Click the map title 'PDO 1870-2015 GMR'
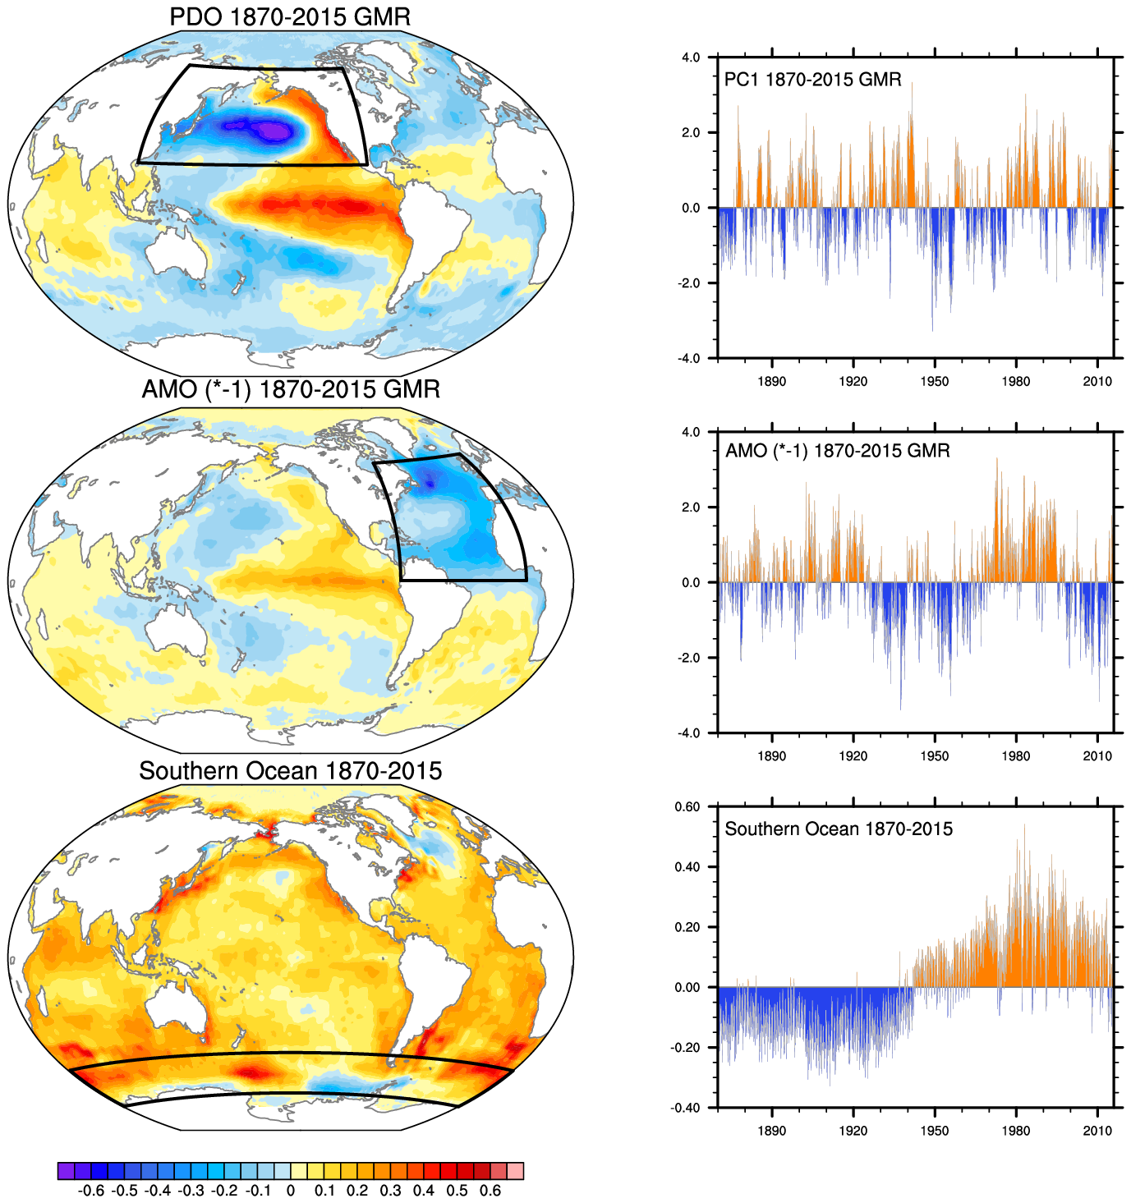point(290,16)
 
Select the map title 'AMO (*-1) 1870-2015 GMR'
point(290,388)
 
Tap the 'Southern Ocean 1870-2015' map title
point(290,771)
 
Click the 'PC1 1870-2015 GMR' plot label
point(812,80)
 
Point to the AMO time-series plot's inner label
point(837,451)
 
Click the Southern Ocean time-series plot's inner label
point(838,829)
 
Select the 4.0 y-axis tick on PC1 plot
point(691,57)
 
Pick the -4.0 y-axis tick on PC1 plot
point(689,359)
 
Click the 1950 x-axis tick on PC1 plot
point(934,382)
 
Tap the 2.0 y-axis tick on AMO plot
point(691,507)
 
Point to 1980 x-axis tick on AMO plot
point(1015,756)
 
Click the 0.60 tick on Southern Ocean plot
point(688,806)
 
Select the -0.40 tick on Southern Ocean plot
point(687,1108)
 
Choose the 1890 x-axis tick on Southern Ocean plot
point(771,1131)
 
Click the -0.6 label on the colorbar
point(90,1191)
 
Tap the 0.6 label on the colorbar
point(490,1191)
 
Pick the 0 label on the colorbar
point(291,1191)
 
